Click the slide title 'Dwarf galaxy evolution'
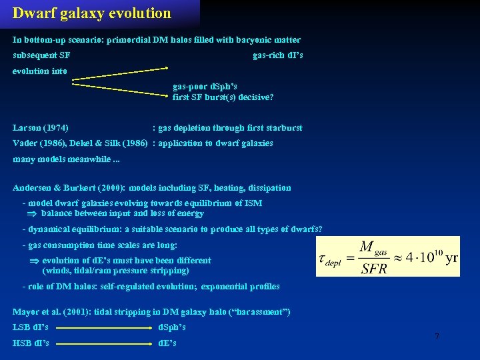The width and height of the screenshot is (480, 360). click(92, 13)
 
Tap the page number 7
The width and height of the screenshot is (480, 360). click(437, 337)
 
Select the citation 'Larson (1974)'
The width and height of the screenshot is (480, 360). click(41, 127)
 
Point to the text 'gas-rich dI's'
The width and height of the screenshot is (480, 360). click(278, 55)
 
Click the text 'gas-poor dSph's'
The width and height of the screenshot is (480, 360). click(205, 87)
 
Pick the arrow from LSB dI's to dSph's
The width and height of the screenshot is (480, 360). click(103, 328)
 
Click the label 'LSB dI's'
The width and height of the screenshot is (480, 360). click(31, 327)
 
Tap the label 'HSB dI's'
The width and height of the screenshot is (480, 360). click(31, 343)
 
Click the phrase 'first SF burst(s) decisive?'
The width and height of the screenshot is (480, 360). click(223, 97)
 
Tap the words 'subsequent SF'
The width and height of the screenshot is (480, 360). click(42, 55)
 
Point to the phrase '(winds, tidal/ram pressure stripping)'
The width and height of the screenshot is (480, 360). click(116, 271)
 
